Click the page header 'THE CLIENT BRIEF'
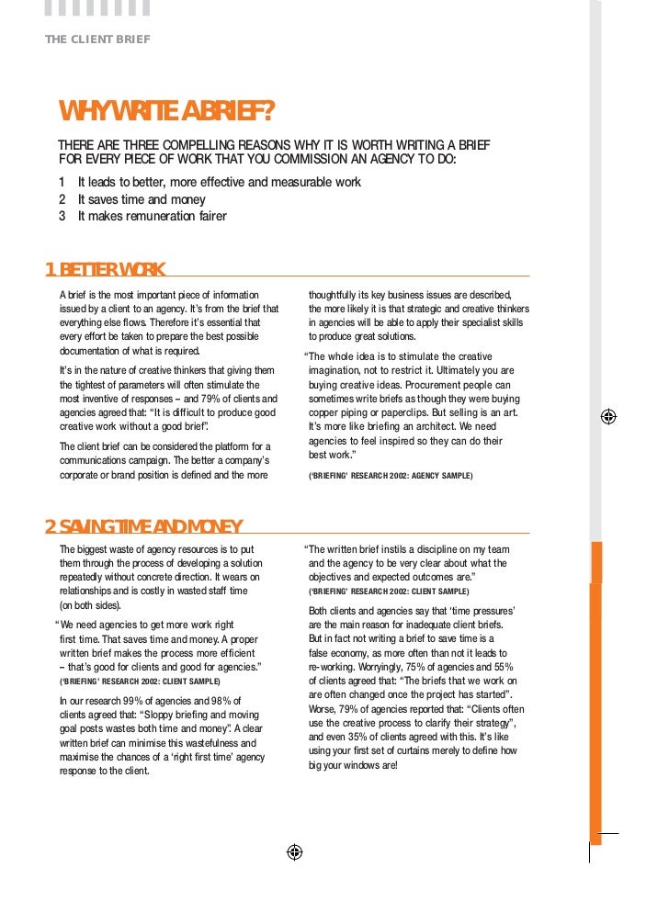[x=97, y=39]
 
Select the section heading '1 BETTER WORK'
[x=106, y=270]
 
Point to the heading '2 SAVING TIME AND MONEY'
[x=143, y=526]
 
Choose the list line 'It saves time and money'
[x=142, y=199]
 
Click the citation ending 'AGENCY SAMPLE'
[x=391, y=476]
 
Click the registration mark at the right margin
[x=607, y=416]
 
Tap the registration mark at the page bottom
[x=293, y=851]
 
